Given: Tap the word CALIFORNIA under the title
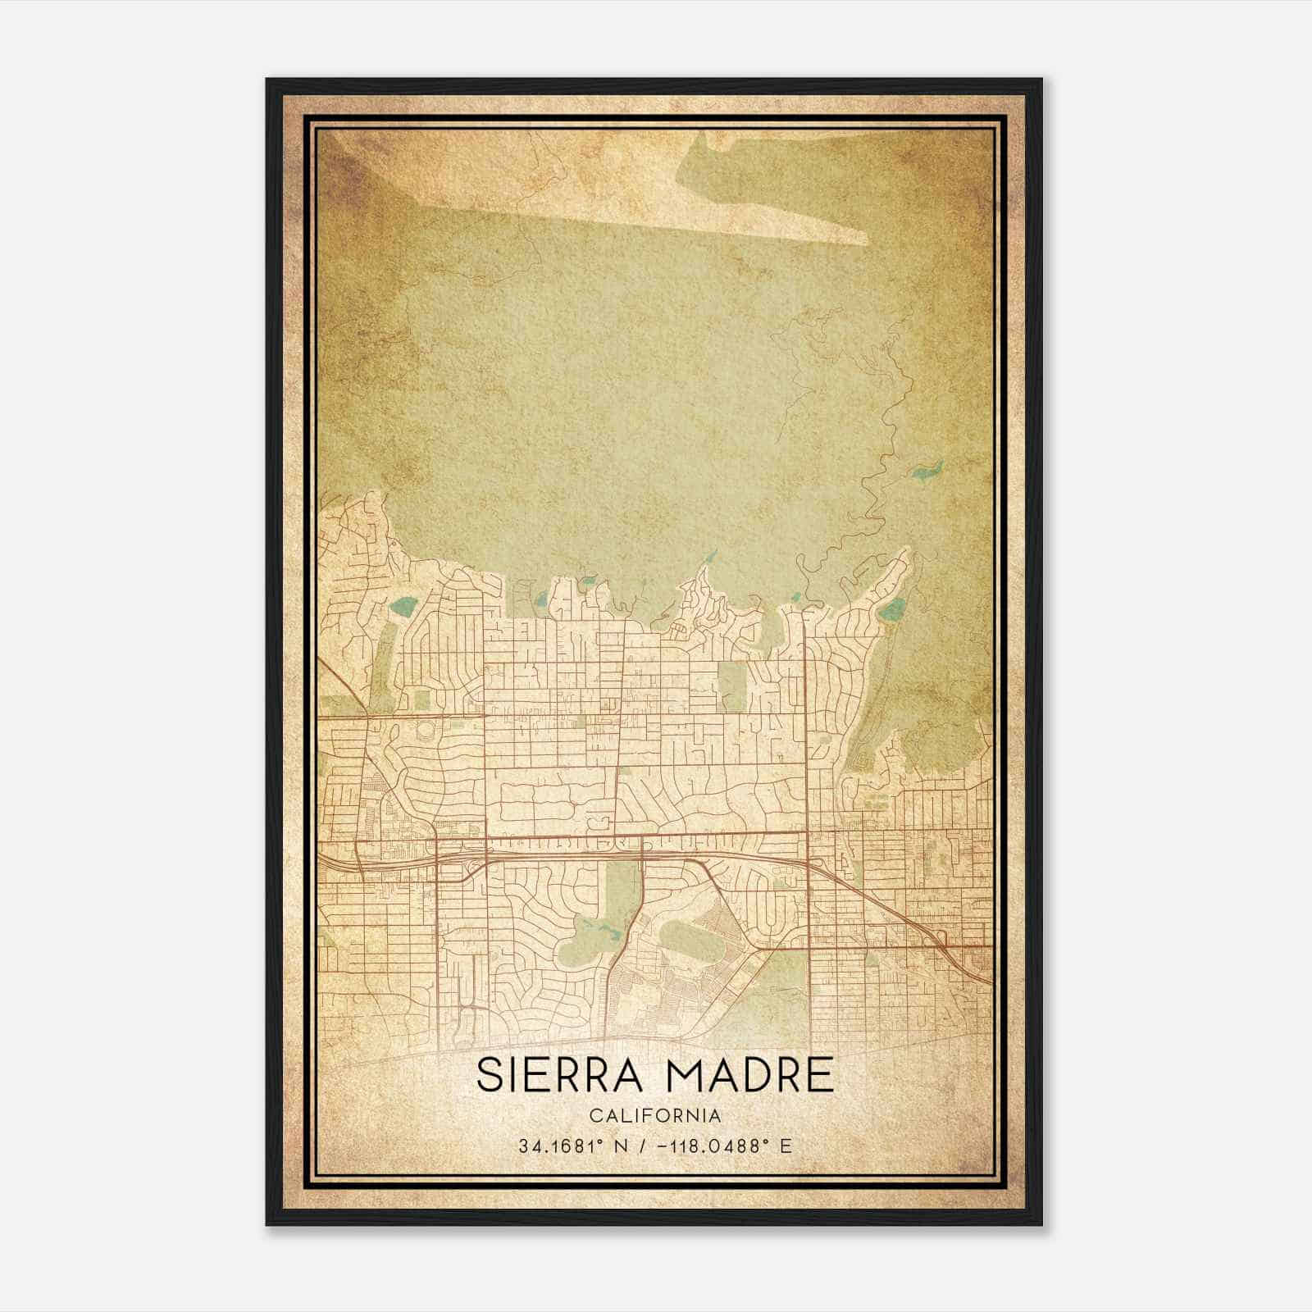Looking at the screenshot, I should pyautogui.click(x=655, y=1116).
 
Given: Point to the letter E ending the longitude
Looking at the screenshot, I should pyautogui.click(x=786, y=1146).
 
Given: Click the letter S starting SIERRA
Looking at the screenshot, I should pyautogui.click(x=490, y=1075).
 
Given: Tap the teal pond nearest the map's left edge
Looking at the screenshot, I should pyautogui.click(x=403, y=608).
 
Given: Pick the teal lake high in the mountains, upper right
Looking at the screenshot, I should pyautogui.click(x=927, y=470).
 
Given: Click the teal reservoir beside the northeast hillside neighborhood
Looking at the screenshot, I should pyautogui.click(x=892, y=609).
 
